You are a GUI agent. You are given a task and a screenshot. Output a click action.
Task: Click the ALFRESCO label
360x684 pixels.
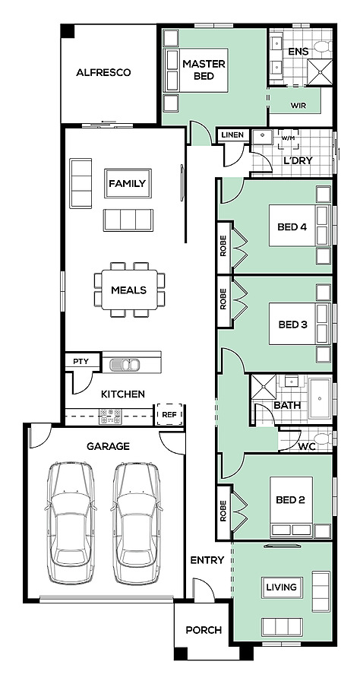click(103, 72)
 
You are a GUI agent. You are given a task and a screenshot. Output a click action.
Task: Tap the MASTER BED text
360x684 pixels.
click(204, 70)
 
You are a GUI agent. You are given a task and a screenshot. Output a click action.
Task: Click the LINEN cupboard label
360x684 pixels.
click(232, 135)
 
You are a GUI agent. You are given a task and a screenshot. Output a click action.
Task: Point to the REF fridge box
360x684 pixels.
click(169, 414)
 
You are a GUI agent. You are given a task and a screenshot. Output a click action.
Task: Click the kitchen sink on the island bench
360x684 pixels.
click(125, 364)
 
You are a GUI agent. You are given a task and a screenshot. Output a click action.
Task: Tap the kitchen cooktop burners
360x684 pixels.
click(110, 416)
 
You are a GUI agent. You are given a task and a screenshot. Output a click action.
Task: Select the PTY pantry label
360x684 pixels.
click(81, 361)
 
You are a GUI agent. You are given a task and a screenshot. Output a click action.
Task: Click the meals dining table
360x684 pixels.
click(129, 290)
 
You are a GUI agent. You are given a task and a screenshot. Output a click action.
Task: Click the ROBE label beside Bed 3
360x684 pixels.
click(223, 299)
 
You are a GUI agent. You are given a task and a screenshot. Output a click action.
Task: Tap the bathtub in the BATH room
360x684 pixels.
click(321, 399)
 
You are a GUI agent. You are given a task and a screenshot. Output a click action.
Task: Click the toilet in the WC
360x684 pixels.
click(323, 439)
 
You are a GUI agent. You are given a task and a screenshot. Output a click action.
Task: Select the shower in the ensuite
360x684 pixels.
click(320, 72)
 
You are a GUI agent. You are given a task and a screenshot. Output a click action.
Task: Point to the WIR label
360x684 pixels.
click(298, 105)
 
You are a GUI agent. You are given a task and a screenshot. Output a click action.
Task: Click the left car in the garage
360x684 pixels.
click(70, 523)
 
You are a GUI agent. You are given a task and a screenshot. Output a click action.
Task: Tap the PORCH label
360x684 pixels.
click(204, 630)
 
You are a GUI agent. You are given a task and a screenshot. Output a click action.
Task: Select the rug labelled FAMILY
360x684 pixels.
click(128, 183)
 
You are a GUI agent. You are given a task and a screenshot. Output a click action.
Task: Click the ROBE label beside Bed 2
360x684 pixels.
click(223, 511)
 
